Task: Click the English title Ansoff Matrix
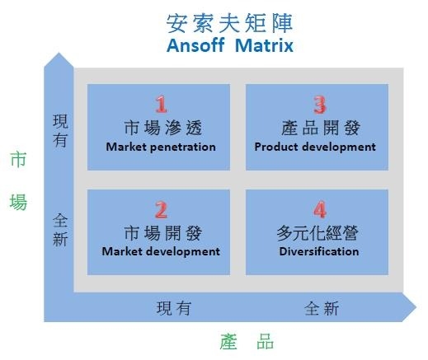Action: click(x=230, y=45)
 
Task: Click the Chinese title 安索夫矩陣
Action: click(x=230, y=24)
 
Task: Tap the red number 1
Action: click(x=161, y=105)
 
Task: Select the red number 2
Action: click(x=161, y=210)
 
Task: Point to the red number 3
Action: click(x=320, y=105)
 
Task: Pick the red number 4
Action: click(x=320, y=209)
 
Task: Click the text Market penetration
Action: click(x=161, y=147)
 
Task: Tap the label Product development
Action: click(x=315, y=147)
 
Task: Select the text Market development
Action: click(x=161, y=252)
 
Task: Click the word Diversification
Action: click(x=319, y=251)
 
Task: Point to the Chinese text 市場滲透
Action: click(x=163, y=128)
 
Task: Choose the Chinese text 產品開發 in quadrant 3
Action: click(x=321, y=128)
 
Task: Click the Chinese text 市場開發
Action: click(x=163, y=233)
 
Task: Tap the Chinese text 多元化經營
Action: click(x=317, y=233)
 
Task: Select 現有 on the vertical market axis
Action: click(x=60, y=131)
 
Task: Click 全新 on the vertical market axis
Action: click(x=60, y=230)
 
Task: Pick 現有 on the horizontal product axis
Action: click(x=173, y=308)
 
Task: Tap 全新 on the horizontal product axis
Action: click(x=322, y=308)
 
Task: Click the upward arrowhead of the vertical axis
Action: click(x=59, y=59)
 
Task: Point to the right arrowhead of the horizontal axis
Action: click(x=409, y=307)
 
